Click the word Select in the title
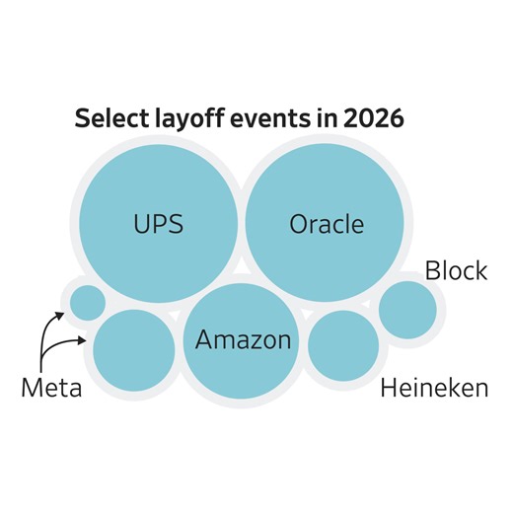pyautogui.click(x=109, y=120)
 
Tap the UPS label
pyautogui.click(x=158, y=224)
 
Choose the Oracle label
pyautogui.click(x=327, y=224)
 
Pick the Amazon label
pyautogui.click(x=244, y=340)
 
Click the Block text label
pyautogui.click(x=456, y=270)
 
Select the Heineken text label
pyautogui.click(x=434, y=388)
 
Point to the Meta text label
pyautogui.click(x=51, y=388)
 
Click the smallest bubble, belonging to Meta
pyautogui.click(x=87, y=302)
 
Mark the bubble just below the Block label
pyautogui.click(x=407, y=310)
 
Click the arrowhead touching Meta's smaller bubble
pyautogui.click(x=63, y=316)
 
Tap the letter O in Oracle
pyautogui.click(x=299, y=224)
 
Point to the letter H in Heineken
pyautogui.click(x=388, y=388)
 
